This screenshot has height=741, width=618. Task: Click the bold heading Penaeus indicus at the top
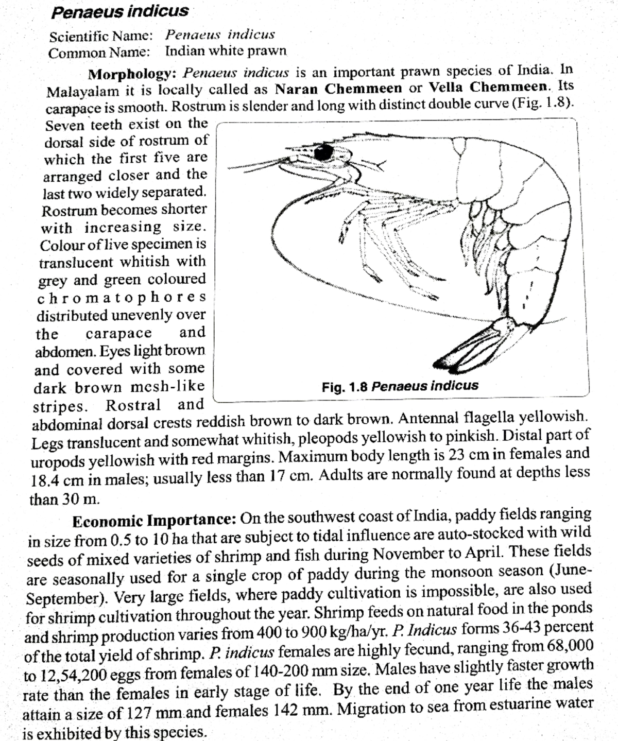pyautogui.click(x=119, y=12)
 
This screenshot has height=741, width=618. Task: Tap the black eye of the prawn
pyautogui.click(x=324, y=152)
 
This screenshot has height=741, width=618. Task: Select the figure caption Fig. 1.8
pyautogui.click(x=400, y=386)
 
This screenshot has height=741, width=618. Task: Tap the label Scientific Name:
pyautogui.click(x=101, y=37)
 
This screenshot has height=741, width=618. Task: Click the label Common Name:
pyautogui.click(x=99, y=53)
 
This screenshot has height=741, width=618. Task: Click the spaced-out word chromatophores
pyautogui.click(x=122, y=298)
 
